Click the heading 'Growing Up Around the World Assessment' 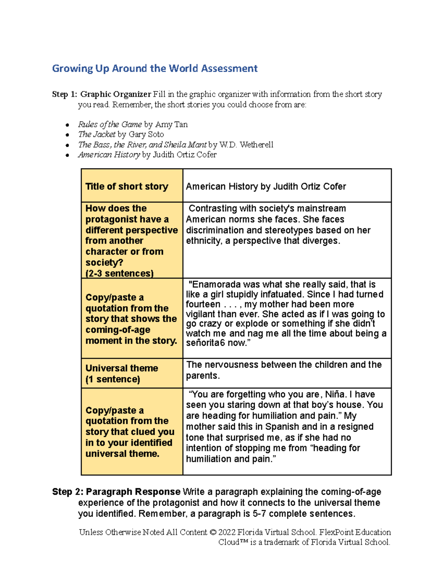[155, 69]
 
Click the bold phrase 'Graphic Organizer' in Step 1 [116, 94]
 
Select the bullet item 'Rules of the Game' [110, 125]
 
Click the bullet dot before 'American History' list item [67, 155]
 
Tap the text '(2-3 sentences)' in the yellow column [119, 273]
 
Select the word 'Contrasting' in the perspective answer [212, 208]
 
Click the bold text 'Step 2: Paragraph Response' [116, 492]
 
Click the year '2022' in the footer [226, 532]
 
